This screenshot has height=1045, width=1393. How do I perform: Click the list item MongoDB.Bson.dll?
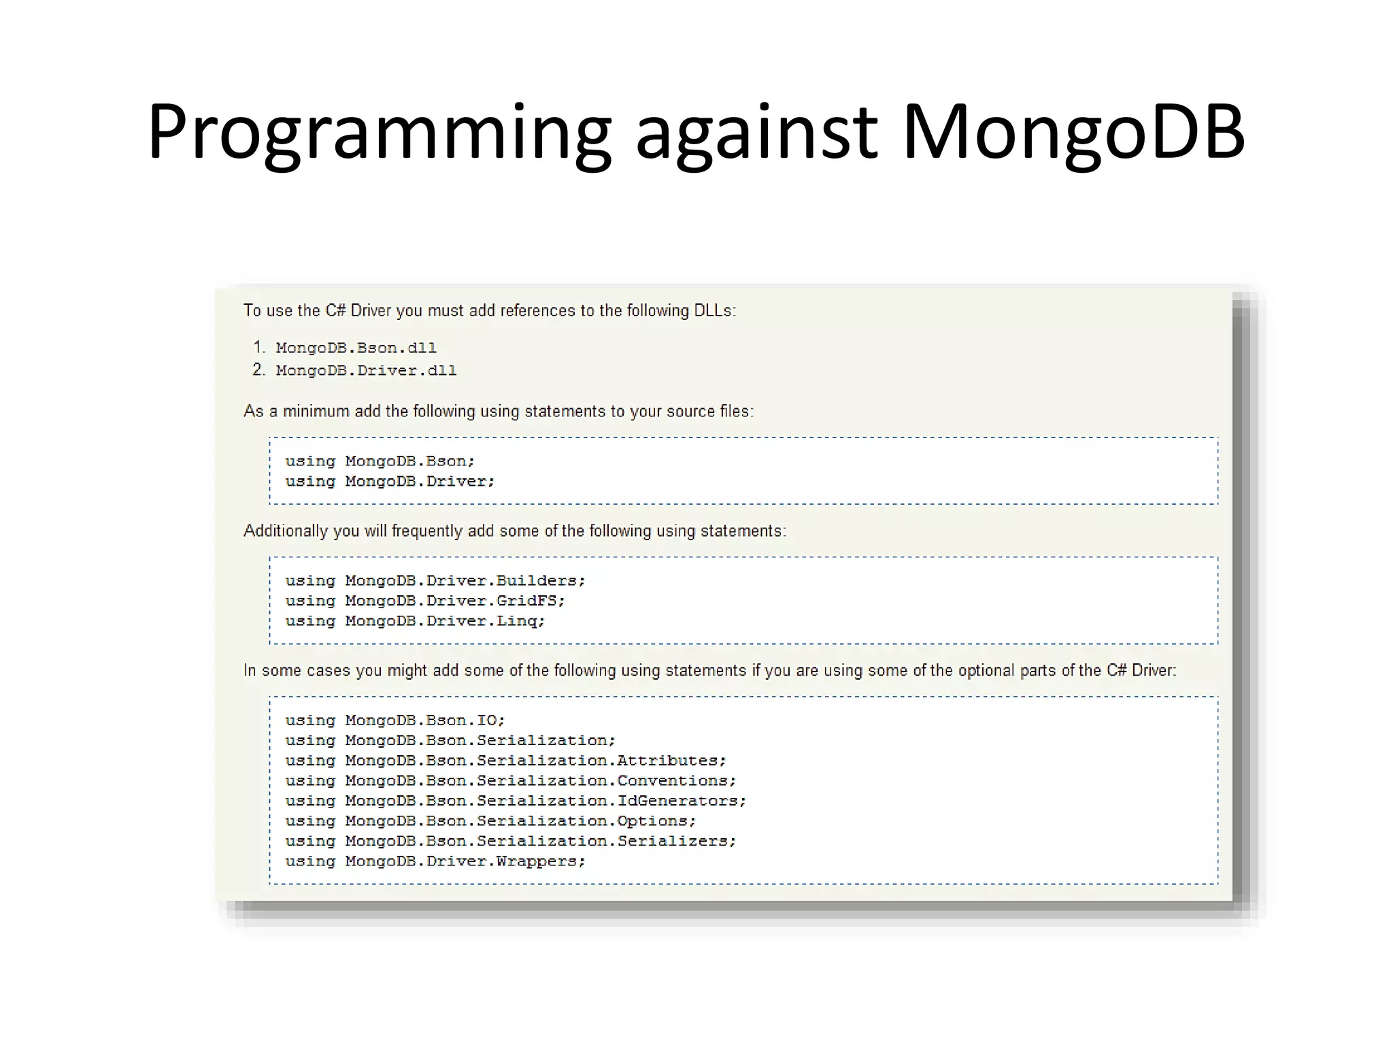coord(356,348)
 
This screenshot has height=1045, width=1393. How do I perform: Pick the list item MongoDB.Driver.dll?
coord(366,371)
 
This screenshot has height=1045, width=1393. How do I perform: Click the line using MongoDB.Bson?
coord(380,461)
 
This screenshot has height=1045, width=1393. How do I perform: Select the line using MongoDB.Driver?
coord(390,482)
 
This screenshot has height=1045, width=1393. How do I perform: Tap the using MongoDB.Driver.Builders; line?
coord(435,581)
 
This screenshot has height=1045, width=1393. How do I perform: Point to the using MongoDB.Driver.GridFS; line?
coord(425,601)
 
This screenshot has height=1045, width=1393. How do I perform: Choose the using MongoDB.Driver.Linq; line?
coord(415,621)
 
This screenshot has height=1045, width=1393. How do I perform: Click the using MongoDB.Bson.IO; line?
coord(395,720)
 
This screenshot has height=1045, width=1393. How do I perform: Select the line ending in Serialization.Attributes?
coord(505,761)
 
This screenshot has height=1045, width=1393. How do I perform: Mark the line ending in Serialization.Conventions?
coord(510,781)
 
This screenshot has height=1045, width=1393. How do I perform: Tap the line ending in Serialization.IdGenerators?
coord(516,801)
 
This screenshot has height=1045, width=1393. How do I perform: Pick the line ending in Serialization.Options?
coord(490,821)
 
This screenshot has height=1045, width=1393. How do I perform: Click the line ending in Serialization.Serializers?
coord(510,842)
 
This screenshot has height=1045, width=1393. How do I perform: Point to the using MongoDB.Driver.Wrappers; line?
coord(435,861)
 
